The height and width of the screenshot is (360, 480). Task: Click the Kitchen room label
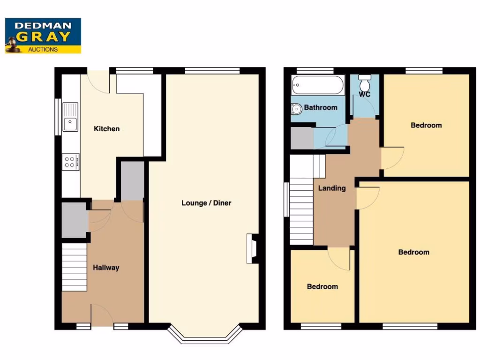pyautogui.click(x=107, y=129)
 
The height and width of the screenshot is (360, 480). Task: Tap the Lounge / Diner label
pyautogui.click(x=206, y=203)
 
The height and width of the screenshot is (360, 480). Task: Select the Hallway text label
pyautogui.click(x=106, y=268)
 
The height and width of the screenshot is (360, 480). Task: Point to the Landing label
pyautogui.click(x=332, y=188)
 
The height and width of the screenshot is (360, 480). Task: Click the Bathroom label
pyautogui.click(x=321, y=107)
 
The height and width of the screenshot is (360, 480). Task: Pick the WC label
pyautogui.click(x=365, y=94)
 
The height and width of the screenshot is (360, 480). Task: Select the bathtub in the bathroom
pyautogui.click(x=318, y=85)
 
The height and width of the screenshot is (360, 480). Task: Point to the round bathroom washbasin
pyautogui.click(x=296, y=109)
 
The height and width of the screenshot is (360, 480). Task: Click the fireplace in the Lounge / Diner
pyautogui.click(x=252, y=248)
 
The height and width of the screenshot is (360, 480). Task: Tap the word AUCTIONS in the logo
pyautogui.click(x=43, y=49)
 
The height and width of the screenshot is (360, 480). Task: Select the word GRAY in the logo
pyautogui.click(x=44, y=37)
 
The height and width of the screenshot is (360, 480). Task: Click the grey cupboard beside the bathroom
pyautogui.click(x=301, y=138)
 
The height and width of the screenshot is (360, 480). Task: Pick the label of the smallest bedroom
pyautogui.click(x=322, y=286)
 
